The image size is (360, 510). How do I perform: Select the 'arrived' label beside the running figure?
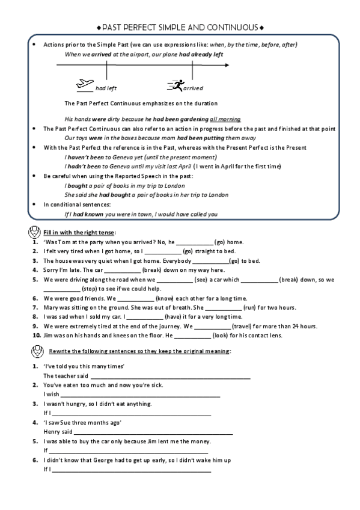194,88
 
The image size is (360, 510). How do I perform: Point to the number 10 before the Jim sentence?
35,334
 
